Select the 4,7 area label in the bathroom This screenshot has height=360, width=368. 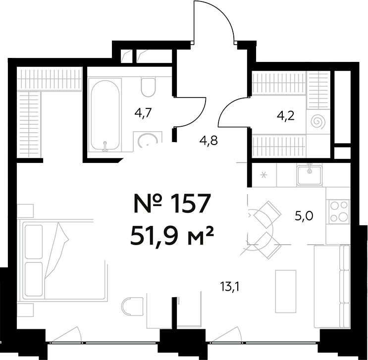[x=143, y=113]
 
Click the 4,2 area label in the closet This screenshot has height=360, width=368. [x=286, y=118]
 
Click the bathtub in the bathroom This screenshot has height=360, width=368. [x=105, y=115]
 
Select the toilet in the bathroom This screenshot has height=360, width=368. [x=148, y=87]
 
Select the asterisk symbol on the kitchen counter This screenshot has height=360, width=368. [x=263, y=175]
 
